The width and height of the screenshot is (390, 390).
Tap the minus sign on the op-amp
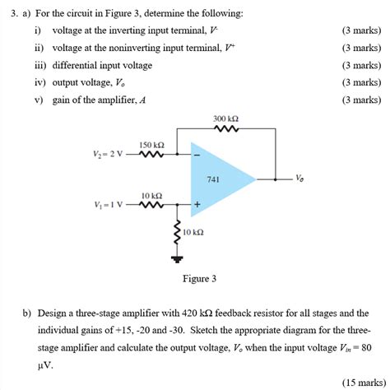[196, 154]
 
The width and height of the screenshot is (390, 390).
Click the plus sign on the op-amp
[197, 203]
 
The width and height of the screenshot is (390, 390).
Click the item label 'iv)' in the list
[38, 82]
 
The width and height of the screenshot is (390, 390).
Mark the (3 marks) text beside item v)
[361, 100]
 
